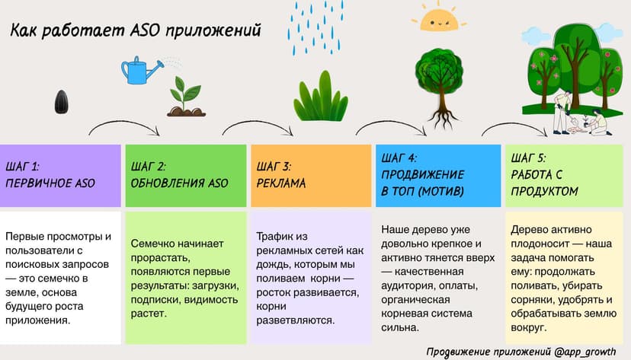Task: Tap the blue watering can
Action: (x=139, y=71)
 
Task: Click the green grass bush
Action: (x=321, y=100)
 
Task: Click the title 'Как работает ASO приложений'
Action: (x=136, y=31)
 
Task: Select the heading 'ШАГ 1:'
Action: (x=23, y=164)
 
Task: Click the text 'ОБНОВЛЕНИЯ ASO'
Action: (x=179, y=183)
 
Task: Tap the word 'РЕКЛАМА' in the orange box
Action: (x=281, y=183)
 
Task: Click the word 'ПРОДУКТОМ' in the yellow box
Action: (x=545, y=191)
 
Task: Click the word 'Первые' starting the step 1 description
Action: (x=24, y=236)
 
